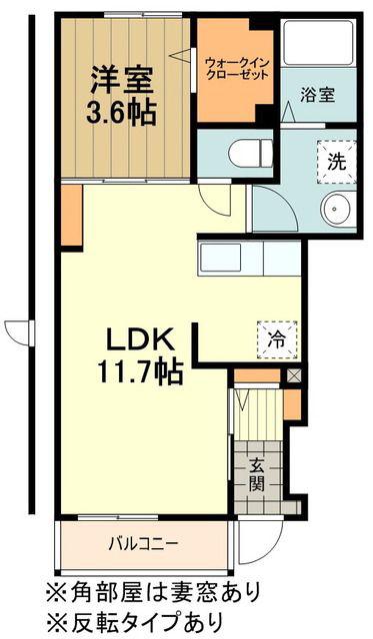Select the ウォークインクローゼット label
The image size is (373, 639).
[x=237, y=69]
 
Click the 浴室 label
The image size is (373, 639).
[x=318, y=95]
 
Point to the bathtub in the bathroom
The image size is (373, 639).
[x=318, y=42]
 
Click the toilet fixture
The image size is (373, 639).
[x=250, y=154]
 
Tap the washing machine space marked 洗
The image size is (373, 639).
[x=337, y=162]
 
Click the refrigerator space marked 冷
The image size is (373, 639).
[x=278, y=339]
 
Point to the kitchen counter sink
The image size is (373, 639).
[x=221, y=258]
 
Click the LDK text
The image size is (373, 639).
[x=138, y=338]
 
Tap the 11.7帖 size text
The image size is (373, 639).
[x=140, y=372]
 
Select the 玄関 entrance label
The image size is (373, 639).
[x=257, y=474]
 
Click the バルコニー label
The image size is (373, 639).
[x=143, y=543]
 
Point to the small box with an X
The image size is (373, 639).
[x=294, y=375]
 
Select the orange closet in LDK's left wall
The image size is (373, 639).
[x=72, y=216]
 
